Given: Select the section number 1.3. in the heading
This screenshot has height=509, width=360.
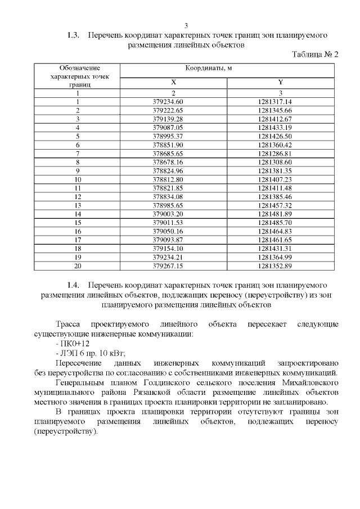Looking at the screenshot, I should (74, 35).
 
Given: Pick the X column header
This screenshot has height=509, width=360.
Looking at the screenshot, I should (173, 82).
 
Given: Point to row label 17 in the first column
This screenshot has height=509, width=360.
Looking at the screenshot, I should (78, 240).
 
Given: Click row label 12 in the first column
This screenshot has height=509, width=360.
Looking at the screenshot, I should (78, 197).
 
